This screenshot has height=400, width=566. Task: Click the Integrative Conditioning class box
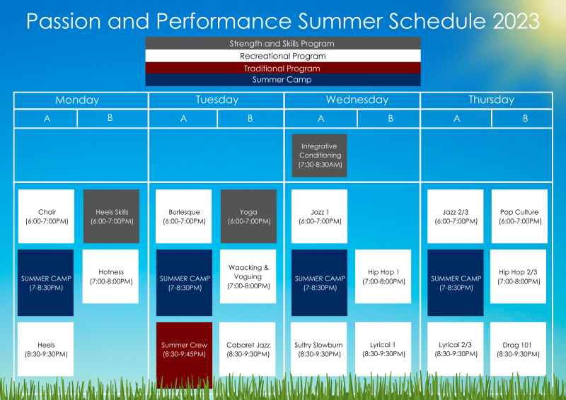(x=320, y=155)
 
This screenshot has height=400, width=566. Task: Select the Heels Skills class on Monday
(x=111, y=216)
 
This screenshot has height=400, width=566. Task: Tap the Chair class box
(x=46, y=216)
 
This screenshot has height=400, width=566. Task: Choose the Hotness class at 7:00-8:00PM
(x=110, y=276)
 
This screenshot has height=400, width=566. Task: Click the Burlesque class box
(x=184, y=216)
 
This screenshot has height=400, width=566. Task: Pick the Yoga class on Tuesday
(x=248, y=216)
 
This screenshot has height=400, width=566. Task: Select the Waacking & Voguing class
(x=248, y=276)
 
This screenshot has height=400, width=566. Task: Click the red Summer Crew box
(x=184, y=349)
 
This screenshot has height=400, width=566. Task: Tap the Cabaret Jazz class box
(x=248, y=349)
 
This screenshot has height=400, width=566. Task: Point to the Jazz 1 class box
(x=320, y=216)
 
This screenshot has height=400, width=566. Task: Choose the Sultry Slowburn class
(x=320, y=349)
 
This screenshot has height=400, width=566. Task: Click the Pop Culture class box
(x=519, y=216)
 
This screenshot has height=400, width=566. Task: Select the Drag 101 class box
(x=519, y=349)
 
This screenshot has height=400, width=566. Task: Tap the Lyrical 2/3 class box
(x=456, y=349)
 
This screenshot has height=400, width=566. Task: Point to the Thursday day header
(x=491, y=100)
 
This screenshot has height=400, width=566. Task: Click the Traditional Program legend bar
(x=282, y=69)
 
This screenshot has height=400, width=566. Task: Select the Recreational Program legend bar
(x=282, y=56)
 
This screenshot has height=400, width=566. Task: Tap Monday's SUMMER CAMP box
(x=46, y=283)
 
